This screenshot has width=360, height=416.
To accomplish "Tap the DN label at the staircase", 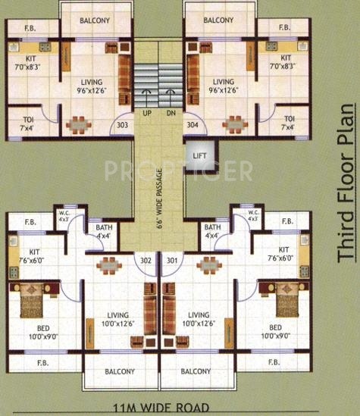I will (171, 113).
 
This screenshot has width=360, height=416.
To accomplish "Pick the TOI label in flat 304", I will (289, 119).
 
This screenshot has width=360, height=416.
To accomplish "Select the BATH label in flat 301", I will (212, 227).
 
